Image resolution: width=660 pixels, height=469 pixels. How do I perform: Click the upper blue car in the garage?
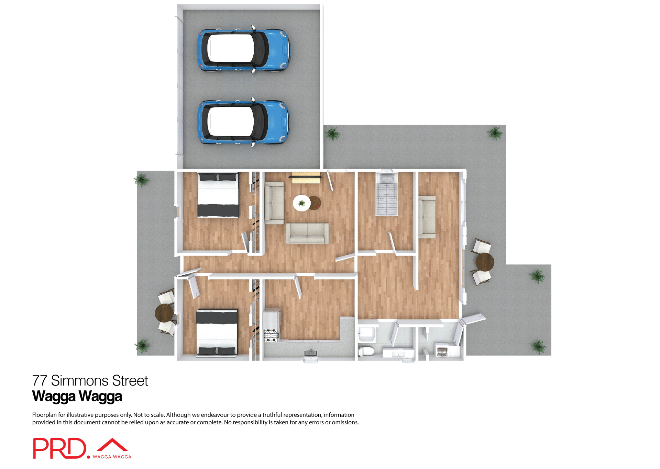[x=243, y=49]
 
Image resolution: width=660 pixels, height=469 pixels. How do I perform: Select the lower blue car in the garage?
[x=243, y=122]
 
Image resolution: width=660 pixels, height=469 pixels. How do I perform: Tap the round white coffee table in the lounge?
[x=301, y=203]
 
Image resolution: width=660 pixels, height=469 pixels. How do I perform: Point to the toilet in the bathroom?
[x=366, y=351]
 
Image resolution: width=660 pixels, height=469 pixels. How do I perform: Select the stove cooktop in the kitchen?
[x=271, y=335]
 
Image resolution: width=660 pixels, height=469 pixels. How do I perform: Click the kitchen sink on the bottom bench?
[x=311, y=353]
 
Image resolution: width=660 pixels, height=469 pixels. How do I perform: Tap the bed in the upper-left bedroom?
[x=218, y=195]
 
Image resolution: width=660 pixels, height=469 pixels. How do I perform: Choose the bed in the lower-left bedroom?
[x=217, y=332]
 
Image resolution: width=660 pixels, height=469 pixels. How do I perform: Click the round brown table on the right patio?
[x=485, y=262]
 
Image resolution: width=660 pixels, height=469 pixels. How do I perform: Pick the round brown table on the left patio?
[x=164, y=313]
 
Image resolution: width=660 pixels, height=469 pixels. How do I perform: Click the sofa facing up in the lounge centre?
[x=307, y=233]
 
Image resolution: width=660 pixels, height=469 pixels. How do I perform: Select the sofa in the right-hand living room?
[x=427, y=217]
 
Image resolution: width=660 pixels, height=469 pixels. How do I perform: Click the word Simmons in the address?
[x=80, y=381]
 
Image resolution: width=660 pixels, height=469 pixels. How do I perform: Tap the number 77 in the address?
[x=40, y=381]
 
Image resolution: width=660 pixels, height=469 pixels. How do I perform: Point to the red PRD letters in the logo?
[x=59, y=448]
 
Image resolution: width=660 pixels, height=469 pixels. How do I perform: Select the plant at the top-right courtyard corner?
[x=495, y=133]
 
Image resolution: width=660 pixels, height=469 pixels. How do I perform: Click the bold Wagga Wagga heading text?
[x=77, y=396]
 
